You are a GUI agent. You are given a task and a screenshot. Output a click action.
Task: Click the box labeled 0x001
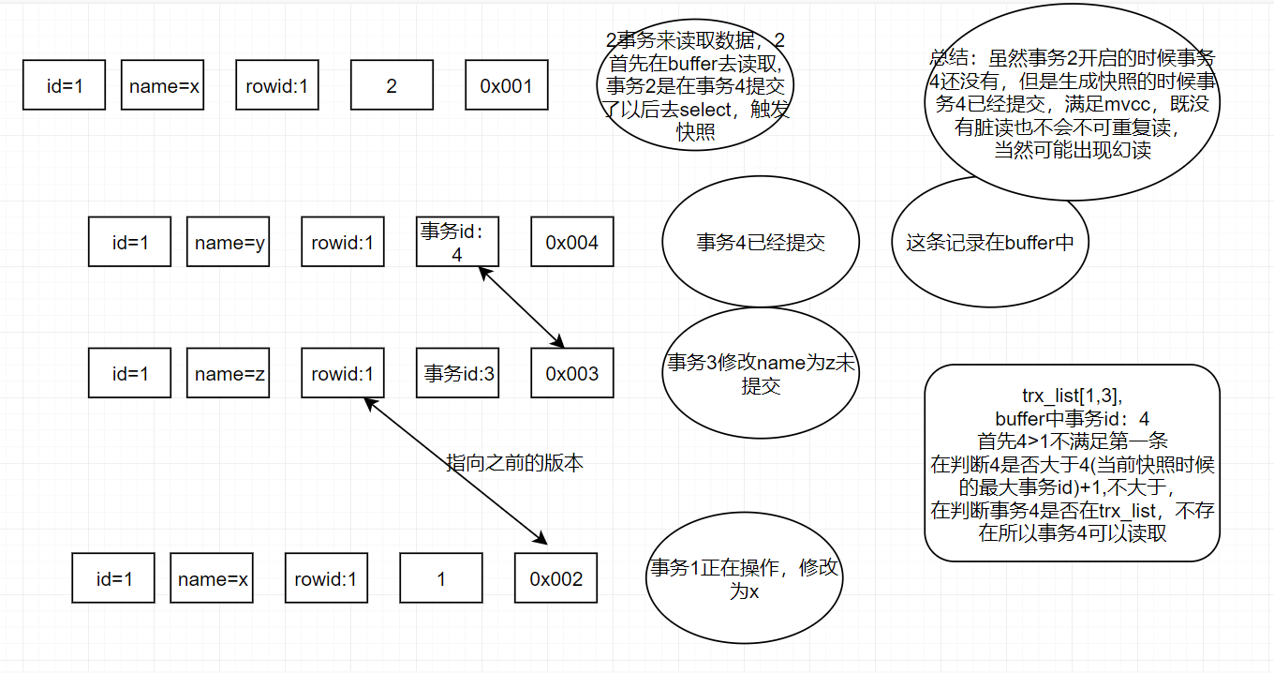[506, 86]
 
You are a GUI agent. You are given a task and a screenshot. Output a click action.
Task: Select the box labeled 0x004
[571, 243]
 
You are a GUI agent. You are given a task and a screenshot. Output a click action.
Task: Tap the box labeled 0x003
[571, 374]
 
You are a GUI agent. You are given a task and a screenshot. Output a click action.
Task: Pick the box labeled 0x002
[556, 578]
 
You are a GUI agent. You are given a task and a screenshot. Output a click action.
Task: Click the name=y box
[229, 243]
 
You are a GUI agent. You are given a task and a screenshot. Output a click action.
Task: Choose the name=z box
[229, 374]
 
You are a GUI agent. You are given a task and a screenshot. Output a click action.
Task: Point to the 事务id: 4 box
[457, 243]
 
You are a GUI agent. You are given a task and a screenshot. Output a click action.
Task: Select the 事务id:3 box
[457, 374]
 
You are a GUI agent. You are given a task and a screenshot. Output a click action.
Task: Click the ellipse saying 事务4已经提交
[760, 243]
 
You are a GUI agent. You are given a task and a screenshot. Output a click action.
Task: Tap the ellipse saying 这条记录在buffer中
[989, 243]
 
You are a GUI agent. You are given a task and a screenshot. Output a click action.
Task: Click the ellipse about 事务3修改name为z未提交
[760, 373]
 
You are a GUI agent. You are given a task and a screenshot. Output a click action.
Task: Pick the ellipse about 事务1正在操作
[745, 579]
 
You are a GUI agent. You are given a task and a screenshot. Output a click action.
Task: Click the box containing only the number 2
[392, 86]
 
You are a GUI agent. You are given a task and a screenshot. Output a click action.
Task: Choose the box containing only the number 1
[441, 578]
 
